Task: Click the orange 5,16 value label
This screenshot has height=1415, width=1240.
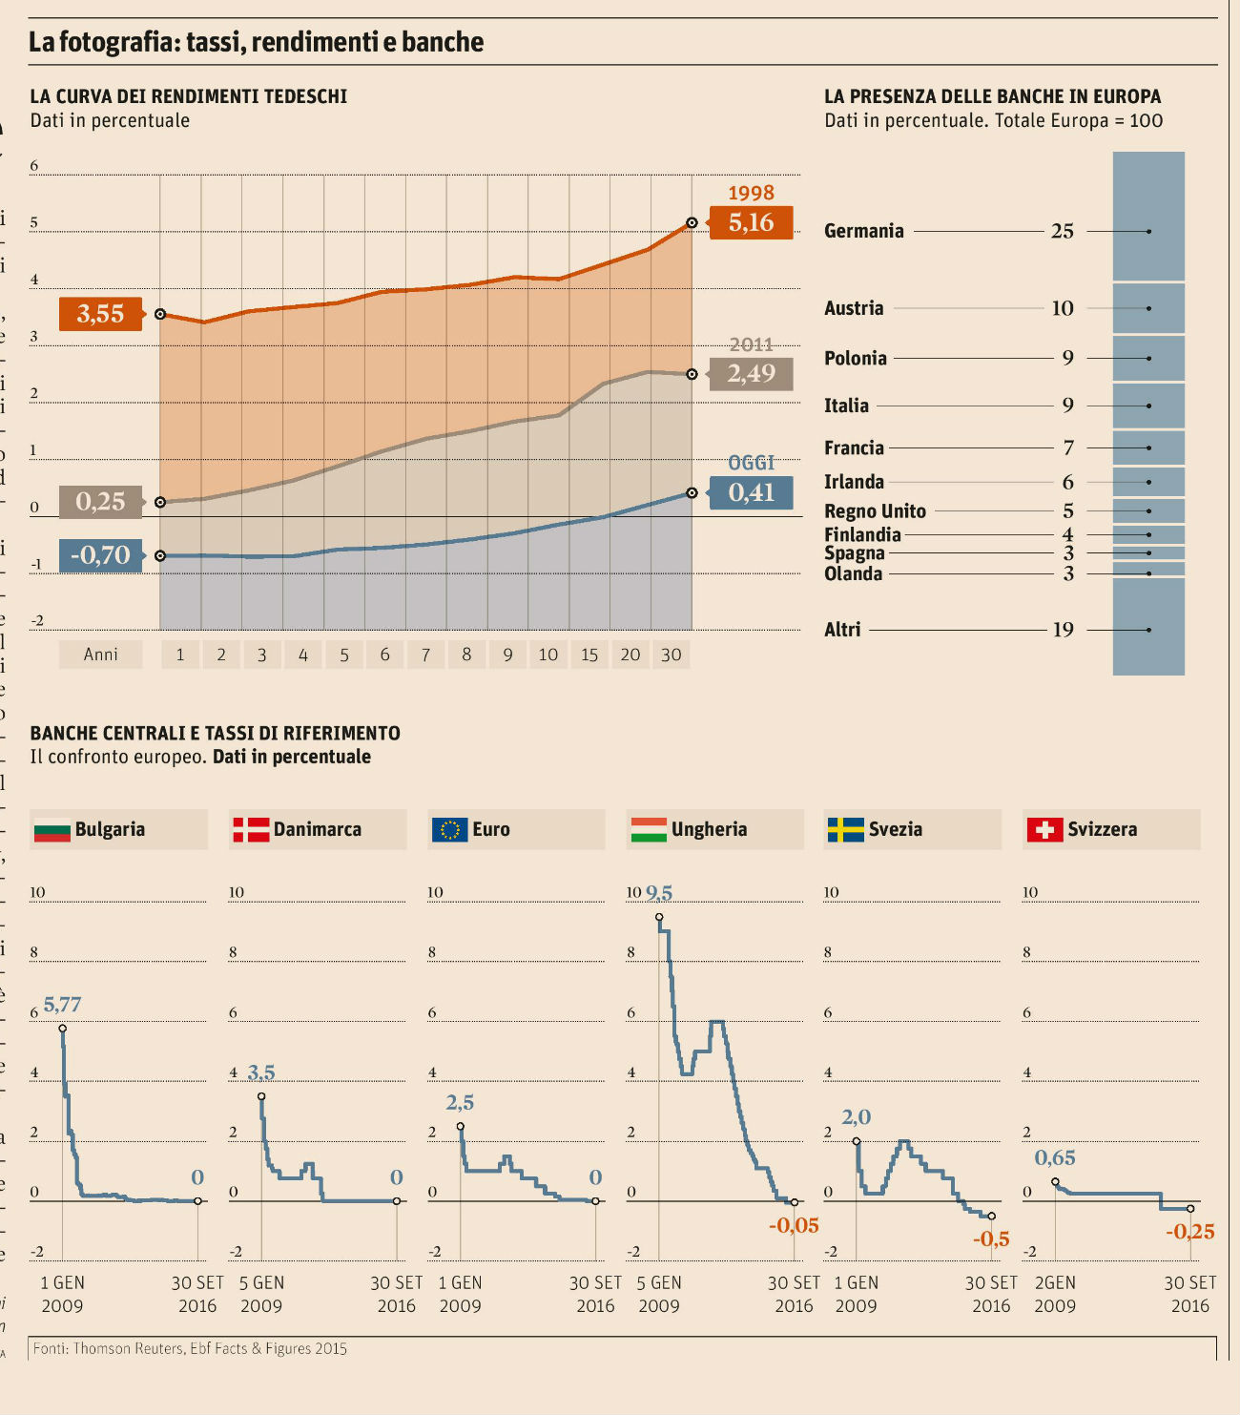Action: pyautogui.click(x=751, y=222)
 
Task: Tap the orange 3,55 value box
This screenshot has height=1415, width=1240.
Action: pyautogui.click(x=100, y=313)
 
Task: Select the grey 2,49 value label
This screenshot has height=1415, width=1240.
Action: pyautogui.click(x=751, y=373)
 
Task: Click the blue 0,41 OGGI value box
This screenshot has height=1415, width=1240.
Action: pyautogui.click(x=751, y=492)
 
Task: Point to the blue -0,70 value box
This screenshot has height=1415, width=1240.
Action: pyautogui.click(x=100, y=554)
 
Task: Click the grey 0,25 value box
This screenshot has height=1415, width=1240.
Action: pyautogui.click(x=100, y=501)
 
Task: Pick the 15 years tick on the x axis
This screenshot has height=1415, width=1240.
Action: pyautogui.click(x=589, y=655)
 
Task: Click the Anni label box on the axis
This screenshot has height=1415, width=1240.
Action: pyautogui.click(x=100, y=655)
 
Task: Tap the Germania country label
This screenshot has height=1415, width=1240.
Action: pyautogui.click(x=863, y=231)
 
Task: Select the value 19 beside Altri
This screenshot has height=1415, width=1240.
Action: pyautogui.click(x=1063, y=630)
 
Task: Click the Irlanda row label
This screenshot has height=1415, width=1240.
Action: pyautogui.click(x=854, y=482)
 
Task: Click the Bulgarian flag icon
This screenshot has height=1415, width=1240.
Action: pyautogui.click(x=52, y=830)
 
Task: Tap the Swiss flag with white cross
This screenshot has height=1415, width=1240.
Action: pyautogui.click(x=1044, y=830)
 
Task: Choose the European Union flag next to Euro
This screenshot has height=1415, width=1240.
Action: pyautogui.click(x=449, y=830)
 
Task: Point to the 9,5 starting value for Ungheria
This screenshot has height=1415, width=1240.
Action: pyautogui.click(x=659, y=893)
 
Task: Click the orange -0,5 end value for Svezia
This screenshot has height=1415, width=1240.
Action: pyautogui.click(x=991, y=1239)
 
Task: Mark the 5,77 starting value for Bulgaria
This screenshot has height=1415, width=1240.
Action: pyautogui.click(x=63, y=1005)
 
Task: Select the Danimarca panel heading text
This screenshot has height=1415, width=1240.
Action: pyautogui.click(x=317, y=830)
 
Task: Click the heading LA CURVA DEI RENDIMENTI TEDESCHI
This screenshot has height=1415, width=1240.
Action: pyautogui.click(x=189, y=96)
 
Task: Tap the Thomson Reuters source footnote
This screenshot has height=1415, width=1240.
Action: pyautogui.click(x=190, y=1348)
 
